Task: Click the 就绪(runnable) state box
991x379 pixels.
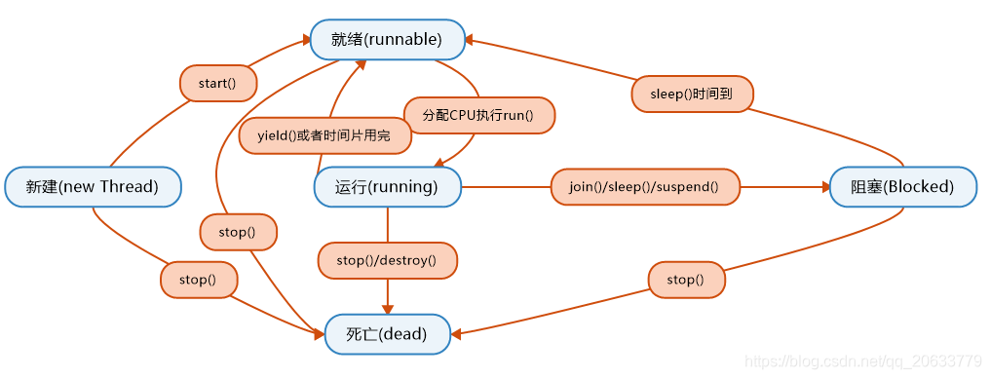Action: click(x=387, y=40)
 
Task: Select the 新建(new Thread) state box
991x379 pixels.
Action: click(x=93, y=186)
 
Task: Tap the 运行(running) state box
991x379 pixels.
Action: click(x=387, y=186)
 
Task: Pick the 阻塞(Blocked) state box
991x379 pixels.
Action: click(x=902, y=186)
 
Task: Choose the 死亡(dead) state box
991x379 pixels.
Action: click(x=387, y=334)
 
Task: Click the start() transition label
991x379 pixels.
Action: click(x=217, y=83)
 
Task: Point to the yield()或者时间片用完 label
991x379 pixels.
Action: click(x=324, y=135)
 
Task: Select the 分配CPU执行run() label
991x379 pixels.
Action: click(x=478, y=115)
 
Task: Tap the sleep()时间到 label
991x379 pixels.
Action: click(x=691, y=95)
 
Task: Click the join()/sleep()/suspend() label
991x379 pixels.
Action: click(x=644, y=186)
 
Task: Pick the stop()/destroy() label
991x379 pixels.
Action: click(x=387, y=260)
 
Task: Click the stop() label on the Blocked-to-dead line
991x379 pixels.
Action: click(x=686, y=280)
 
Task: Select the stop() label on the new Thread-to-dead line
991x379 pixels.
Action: click(x=198, y=280)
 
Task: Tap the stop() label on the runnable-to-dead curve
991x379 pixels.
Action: click(x=238, y=232)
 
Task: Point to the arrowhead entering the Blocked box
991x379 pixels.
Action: click(x=823, y=186)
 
